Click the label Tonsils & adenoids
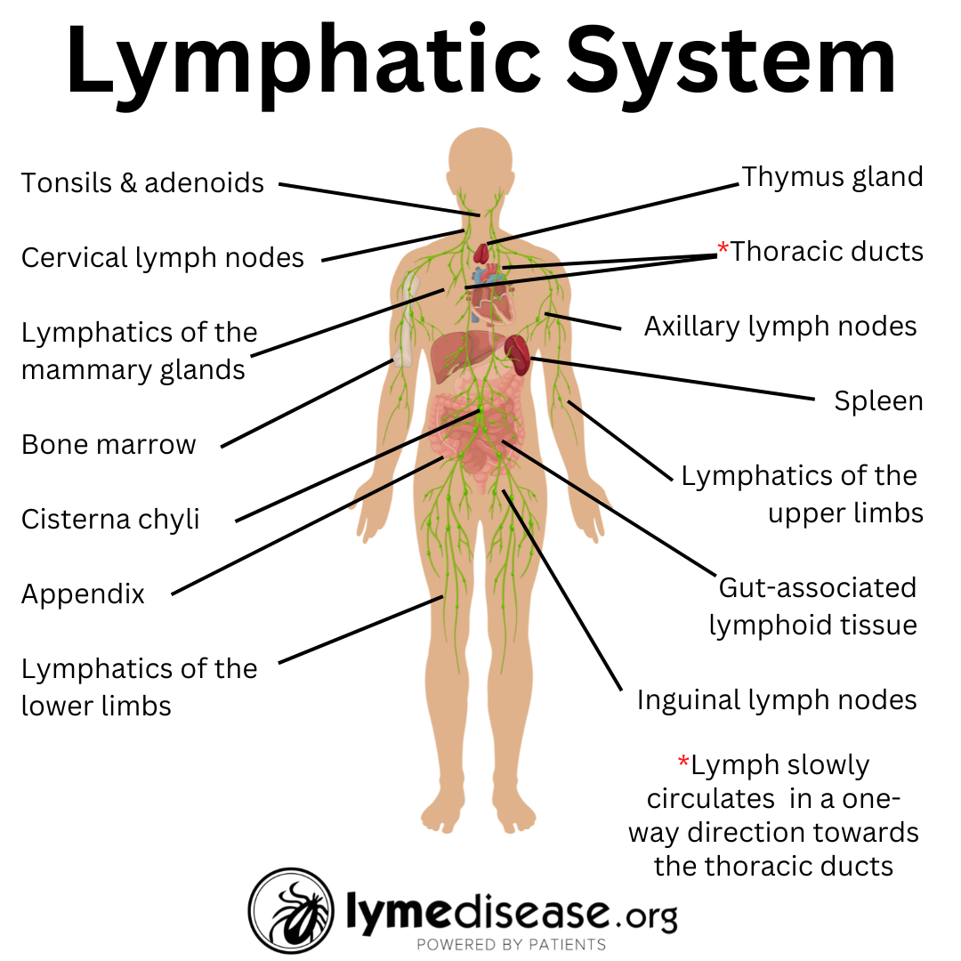click(x=142, y=182)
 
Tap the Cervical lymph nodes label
click(x=163, y=258)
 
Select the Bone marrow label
click(x=109, y=444)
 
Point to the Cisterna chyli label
click(x=110, y=519)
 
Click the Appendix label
click(x=83, y=594)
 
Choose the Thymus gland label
click(x=832, y=176)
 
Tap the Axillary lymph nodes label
click(x=780, y=326)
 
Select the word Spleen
click(x=878, y=401)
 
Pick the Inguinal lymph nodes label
click(x=777, y=699)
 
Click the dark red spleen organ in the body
click(x=517, y=353)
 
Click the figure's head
click(x=480, y=165)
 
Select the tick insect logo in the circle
click(x=291, y=910)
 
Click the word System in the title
click(x=731, y=62)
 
